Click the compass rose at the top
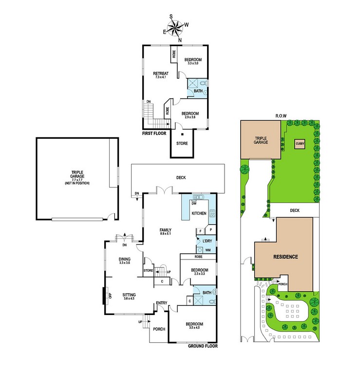pyautogui.click(x=175, y=28)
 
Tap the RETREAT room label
pyautogui.click(x=161, y=74)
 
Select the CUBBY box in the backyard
pyautogui.click(x=300, y=144)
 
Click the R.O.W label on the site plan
pyautogui.click(x=281, y=116)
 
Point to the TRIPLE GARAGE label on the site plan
pyautogui.click(x=261, y=140)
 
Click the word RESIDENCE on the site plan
pyautogui.click(x=285, y=257)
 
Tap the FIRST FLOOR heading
pyautogui.click(x=154, y=133)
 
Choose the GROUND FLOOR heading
pyautogui.click(x=203, y=346)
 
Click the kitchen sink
pyautogui.click(x=198, y=197)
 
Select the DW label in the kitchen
pyautogui.click(x=194, y=204)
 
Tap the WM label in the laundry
pyautogui.click(x=208, y=250)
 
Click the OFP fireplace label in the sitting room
pyautogui.click(x=110, y=296)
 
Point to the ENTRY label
pyautogui.click(x=162, y=303)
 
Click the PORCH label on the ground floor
pyautogui.click(x=159, y=329)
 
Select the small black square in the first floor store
pyautogui.click(x=182, y=134)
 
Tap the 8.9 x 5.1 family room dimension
pyautogui.click(x=165, y=234)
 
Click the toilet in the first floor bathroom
pyautogui.click(x=204, y=83)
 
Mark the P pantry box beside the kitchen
pyautogui.click(x=210, y=230)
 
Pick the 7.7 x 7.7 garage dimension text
pyautogui.click(x=77, y=180)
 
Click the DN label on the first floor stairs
pyautogui.click(x=149, y=102)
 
